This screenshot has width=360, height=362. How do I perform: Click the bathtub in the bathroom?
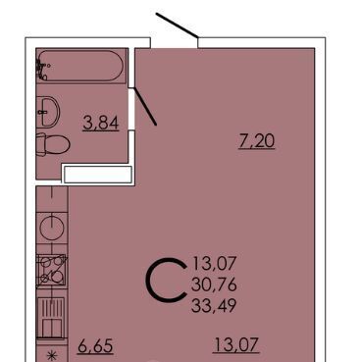tap(80, 66)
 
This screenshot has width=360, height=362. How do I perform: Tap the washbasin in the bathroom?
tap(48, 112)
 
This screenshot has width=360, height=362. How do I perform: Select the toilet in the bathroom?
tap(53, 144)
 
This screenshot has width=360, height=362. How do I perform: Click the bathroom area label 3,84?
tap(100, 124)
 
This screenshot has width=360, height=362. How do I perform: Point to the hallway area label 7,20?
tap(257, 141)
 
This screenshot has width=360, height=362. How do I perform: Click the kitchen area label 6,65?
tap(95, 346)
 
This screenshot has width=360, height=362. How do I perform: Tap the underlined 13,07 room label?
tap(236, 345)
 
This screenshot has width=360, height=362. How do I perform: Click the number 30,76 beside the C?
tap(214, 284)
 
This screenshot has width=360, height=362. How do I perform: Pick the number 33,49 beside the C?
tap(214, 306)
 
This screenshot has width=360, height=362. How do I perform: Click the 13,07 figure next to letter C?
tap(215, 264)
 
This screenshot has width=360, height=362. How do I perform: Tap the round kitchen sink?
tap(52, 228)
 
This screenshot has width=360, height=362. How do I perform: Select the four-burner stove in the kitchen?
tap(51, 271)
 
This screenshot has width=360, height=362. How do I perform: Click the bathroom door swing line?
tap(145, 106)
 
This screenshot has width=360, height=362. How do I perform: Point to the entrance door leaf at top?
tap(177, 26)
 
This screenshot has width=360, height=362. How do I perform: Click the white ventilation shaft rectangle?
tap(98, 175)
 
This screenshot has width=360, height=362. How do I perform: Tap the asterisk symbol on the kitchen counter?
tap(51, 355)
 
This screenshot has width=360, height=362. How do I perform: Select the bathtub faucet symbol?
tap(42, 69)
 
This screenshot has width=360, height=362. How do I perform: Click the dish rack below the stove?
tap(51, 318)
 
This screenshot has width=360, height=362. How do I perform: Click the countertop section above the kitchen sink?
tap(52, 199)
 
